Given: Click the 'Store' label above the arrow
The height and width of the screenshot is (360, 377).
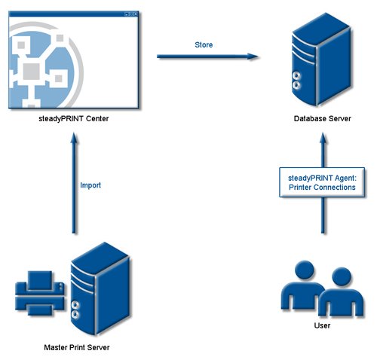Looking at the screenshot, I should [204, 45].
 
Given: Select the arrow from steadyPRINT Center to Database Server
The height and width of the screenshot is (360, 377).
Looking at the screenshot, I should [204, 56].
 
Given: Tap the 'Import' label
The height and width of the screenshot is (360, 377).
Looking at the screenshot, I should [90, 185].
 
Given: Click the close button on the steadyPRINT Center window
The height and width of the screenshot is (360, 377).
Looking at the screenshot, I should [136, 13].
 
